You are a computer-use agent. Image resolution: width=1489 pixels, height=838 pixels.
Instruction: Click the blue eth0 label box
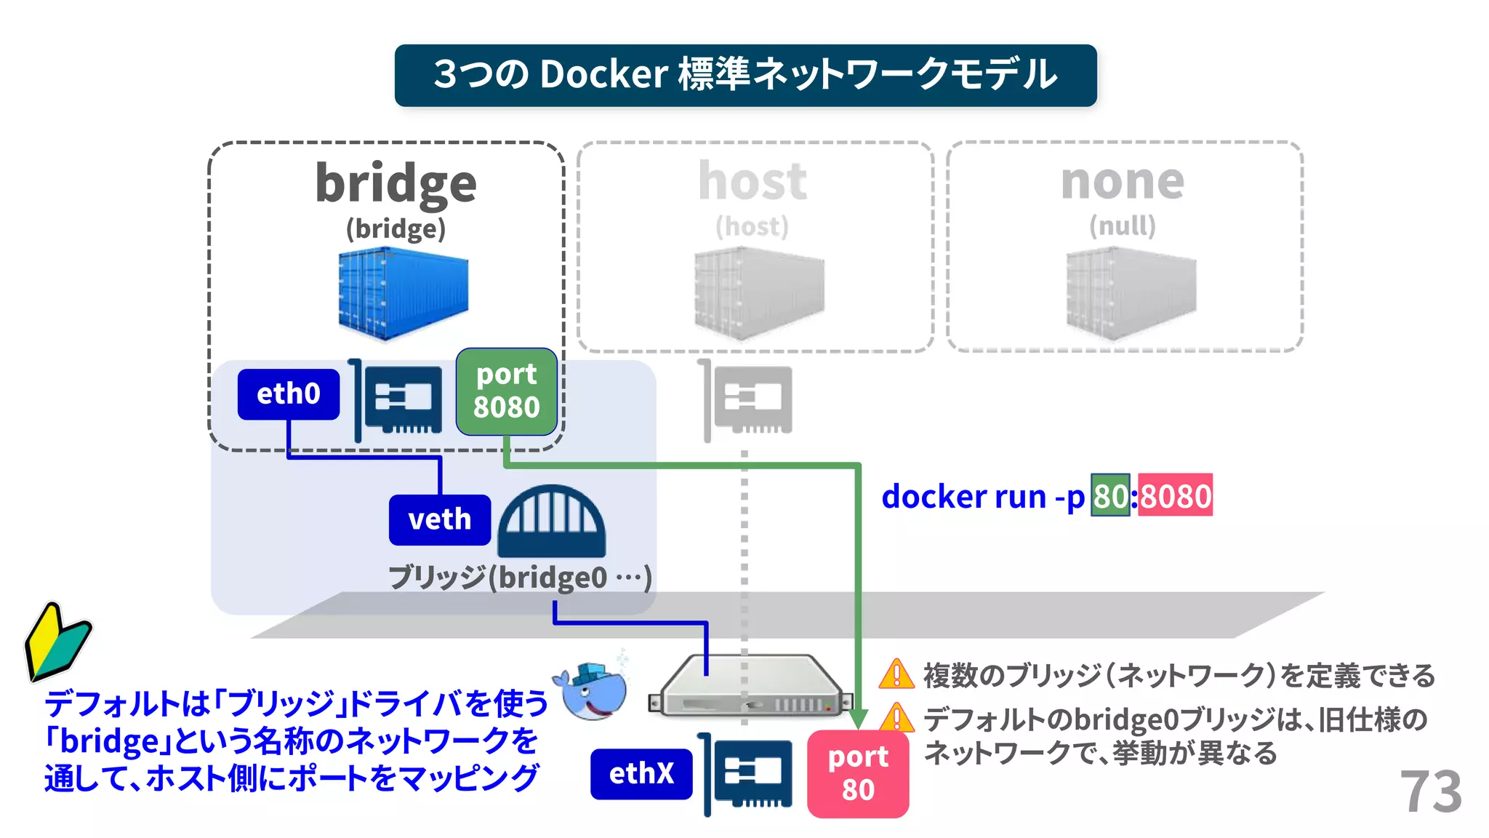click(x=288, y=394)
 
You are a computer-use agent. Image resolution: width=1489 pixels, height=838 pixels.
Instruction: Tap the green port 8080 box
click(x=506, y=391)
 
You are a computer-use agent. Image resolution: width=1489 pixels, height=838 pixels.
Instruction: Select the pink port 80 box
click(x=858, y=773)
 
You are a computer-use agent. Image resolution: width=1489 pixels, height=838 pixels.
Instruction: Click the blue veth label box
click(x=439, y=519)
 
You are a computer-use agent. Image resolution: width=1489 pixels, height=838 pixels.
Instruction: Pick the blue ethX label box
click(x=641, y=773)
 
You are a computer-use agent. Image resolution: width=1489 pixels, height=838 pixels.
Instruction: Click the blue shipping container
click(x=403, y=293)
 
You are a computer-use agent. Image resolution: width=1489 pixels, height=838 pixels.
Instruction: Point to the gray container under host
click(x=758, y=293)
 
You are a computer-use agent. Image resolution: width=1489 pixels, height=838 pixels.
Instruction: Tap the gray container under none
click(x=1131, y=293)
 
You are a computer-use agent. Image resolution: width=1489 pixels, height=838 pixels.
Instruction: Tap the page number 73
click(x=1430, y=791)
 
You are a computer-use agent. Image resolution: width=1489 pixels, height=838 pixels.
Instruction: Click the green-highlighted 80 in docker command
click(x=1110, y=496)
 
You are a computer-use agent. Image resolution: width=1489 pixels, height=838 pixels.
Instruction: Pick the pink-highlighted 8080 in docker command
click(x=1175, y=496)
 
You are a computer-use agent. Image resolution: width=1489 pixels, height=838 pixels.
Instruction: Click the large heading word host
click(x=752, y=181)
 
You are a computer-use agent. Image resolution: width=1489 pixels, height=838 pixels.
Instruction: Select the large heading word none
click(x=1123, y=181)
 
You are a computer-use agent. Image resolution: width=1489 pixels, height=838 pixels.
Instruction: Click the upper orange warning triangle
click(x=896, y=674)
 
